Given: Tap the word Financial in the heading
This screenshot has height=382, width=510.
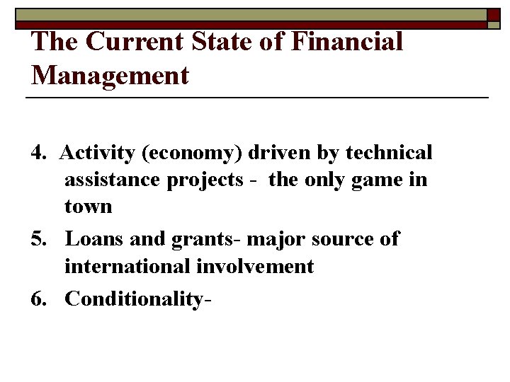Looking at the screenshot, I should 346,42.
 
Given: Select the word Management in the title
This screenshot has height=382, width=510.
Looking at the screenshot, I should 110,74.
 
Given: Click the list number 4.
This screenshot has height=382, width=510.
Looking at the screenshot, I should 39,153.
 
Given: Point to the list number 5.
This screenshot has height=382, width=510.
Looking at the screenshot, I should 39,239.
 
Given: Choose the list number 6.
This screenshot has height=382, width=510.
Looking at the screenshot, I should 39,299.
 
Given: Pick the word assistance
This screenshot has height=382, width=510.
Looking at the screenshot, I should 113,180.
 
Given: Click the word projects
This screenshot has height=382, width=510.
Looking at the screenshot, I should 205,181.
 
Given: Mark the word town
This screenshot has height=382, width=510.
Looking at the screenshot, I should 89,207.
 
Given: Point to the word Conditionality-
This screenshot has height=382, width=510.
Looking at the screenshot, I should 139,299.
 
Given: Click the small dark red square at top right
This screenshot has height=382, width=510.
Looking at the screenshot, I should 494,15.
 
